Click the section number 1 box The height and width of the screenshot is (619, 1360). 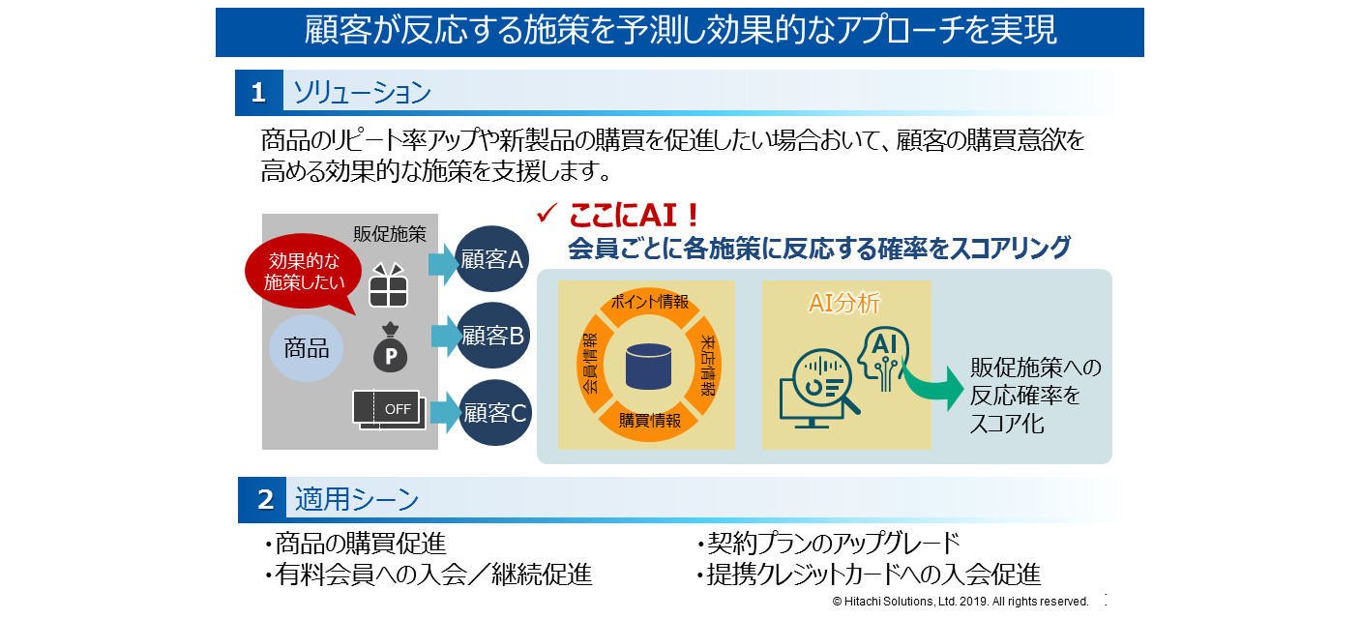258,93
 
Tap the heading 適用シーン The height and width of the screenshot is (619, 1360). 357,500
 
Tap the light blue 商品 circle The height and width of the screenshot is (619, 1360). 307,348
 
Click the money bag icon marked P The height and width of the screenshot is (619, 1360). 390,349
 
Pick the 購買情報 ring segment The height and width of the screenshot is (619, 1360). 649,421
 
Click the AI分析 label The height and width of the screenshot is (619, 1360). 844,304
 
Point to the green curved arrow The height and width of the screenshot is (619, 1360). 934,386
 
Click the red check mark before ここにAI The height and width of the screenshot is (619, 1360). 547,213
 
